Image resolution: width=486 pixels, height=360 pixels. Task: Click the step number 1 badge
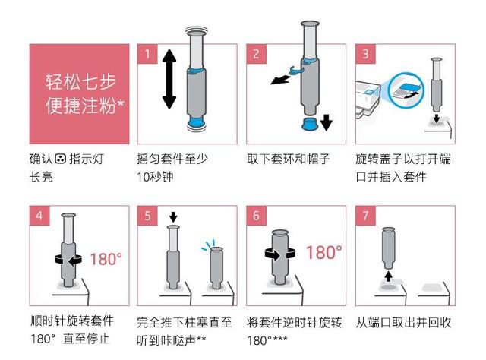tap(147, 54)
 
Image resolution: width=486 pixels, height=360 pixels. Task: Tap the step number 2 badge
tap(257, 54)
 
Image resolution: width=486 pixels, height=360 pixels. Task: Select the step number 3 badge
tap(366, 54)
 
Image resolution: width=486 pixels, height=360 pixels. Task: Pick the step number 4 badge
tap(39, 216)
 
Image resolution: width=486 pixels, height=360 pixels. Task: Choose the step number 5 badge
tap(147, 216)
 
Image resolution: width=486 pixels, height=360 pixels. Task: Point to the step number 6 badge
tap(257, 216)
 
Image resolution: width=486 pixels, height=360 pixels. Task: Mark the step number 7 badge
tap(366, 216)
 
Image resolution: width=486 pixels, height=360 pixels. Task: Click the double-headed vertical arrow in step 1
tap(169, 79)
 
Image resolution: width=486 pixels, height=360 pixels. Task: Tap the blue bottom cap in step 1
tap(196, 122)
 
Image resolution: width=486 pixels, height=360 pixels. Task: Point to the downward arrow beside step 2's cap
tap(327, 122)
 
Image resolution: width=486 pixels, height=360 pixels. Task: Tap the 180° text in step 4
tap(106, 259)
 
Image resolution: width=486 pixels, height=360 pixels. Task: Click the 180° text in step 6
tap(324, 252)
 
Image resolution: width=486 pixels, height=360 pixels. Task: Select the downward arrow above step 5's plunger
tap(173, 217)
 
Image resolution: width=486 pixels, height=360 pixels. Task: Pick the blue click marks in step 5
tap(208, 245)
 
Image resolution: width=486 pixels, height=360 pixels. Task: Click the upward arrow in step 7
tap(389, 276)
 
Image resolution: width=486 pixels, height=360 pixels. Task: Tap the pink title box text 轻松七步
tap(81, 82)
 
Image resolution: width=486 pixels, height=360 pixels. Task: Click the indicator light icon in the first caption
tap(61, 159)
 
